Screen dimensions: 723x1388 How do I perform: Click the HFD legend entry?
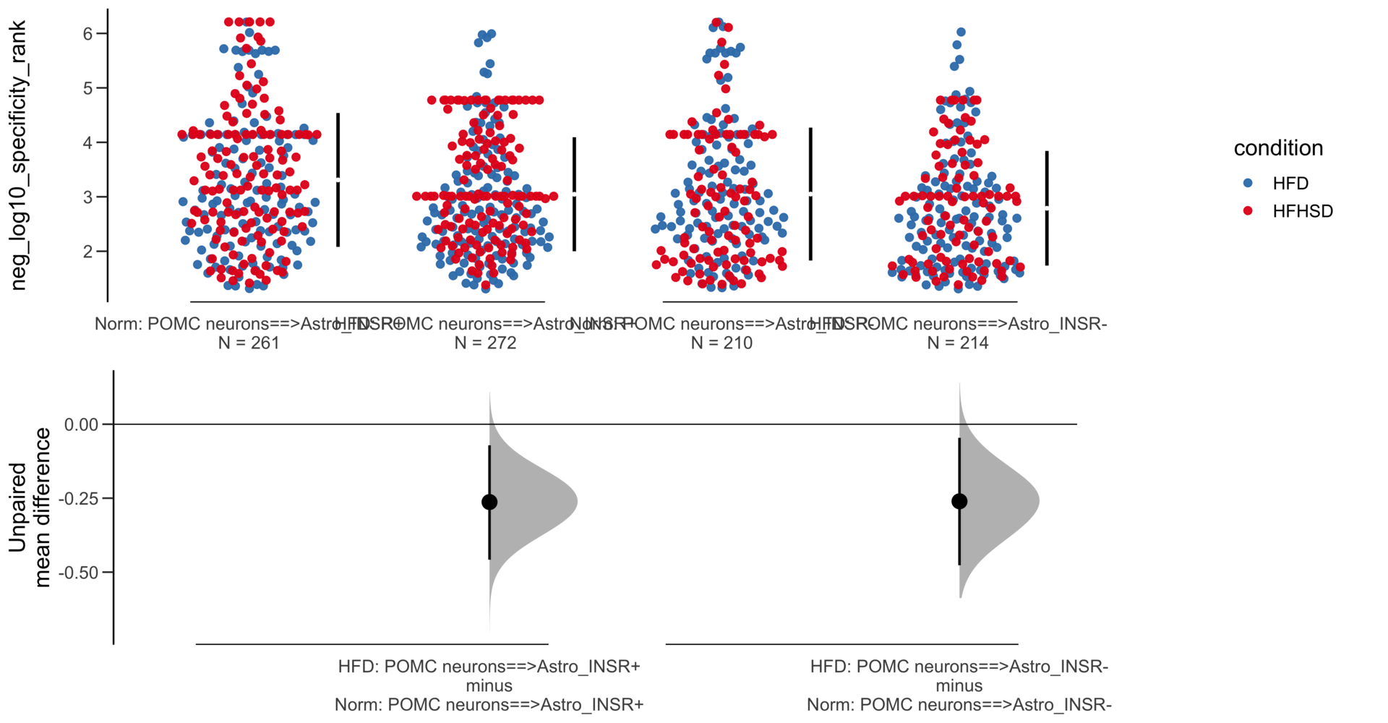click(1290, 184)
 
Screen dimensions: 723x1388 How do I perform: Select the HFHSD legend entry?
click(1302, 211)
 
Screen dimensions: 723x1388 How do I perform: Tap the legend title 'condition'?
click(1277, 148)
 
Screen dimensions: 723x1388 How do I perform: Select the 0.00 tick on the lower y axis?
click(81, 424)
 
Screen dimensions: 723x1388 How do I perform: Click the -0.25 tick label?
click(80, 499)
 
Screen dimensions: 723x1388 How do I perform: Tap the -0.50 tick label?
click(80, 573)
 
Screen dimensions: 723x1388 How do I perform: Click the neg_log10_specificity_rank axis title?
click(18, 155)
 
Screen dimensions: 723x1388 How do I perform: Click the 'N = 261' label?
click(249, 343)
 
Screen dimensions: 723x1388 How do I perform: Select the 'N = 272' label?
click(485, 343)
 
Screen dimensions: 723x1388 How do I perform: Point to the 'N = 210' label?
click(721, 343)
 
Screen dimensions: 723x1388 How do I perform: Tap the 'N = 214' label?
click(958, 343)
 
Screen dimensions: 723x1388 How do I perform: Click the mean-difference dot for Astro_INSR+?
click(489, 502)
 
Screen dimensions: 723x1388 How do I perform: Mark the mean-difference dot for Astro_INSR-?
click(959, 501)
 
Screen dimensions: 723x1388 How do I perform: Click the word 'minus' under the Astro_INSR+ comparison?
click(489, 685)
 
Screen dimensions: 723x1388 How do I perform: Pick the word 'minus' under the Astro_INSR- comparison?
click(959, 685)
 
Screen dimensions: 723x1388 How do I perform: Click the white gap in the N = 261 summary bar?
click(338, 179)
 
